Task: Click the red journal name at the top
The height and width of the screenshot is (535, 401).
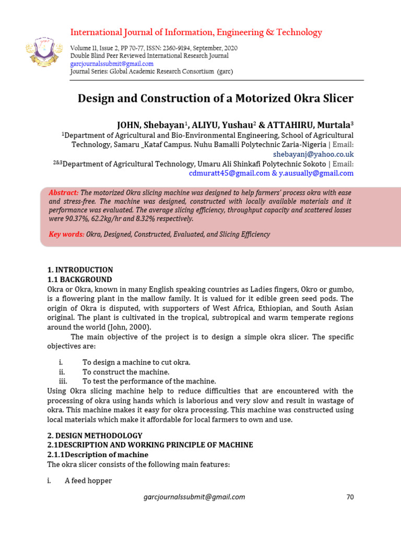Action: coord(196,32)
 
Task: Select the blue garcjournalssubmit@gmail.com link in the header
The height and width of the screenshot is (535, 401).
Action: coord(112,64)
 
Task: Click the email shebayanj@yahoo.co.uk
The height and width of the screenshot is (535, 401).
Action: coord(313,154)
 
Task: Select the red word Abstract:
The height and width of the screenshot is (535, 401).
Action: coord(64,192)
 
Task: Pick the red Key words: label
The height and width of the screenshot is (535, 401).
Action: coord(66,234)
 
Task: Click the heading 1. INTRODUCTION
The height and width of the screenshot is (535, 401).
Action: coord(80,270)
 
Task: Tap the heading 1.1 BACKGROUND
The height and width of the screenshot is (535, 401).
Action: coord(79,280)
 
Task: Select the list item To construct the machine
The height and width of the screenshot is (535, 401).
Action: coord(126,372)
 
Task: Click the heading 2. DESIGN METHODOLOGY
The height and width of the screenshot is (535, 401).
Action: coord(95,435)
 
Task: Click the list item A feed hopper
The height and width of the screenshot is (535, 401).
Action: coord(88,481)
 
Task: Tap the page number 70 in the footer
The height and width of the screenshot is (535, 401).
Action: coord(350,497)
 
